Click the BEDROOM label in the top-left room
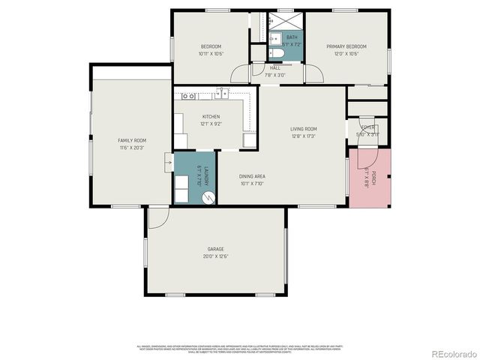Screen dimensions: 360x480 (211, 46)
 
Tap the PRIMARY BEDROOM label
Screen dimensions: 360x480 (343, 46)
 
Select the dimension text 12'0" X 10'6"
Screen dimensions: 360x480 (343, 54)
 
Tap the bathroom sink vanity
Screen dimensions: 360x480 (274, 37)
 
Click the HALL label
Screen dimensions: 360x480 (275, 67)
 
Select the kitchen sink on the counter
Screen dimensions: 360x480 (223, 94)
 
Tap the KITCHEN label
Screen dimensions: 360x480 (211, 117)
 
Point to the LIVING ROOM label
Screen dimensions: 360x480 (304, 129)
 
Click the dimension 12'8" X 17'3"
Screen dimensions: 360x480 (304, 136)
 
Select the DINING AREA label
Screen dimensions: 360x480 (253, 176)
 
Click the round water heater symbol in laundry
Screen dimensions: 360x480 (209, 198)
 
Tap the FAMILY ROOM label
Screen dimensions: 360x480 (131, 140)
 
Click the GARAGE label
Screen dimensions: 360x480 (215, 249)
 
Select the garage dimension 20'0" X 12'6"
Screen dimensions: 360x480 (215, 256)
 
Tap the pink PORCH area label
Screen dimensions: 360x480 (367, 177)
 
